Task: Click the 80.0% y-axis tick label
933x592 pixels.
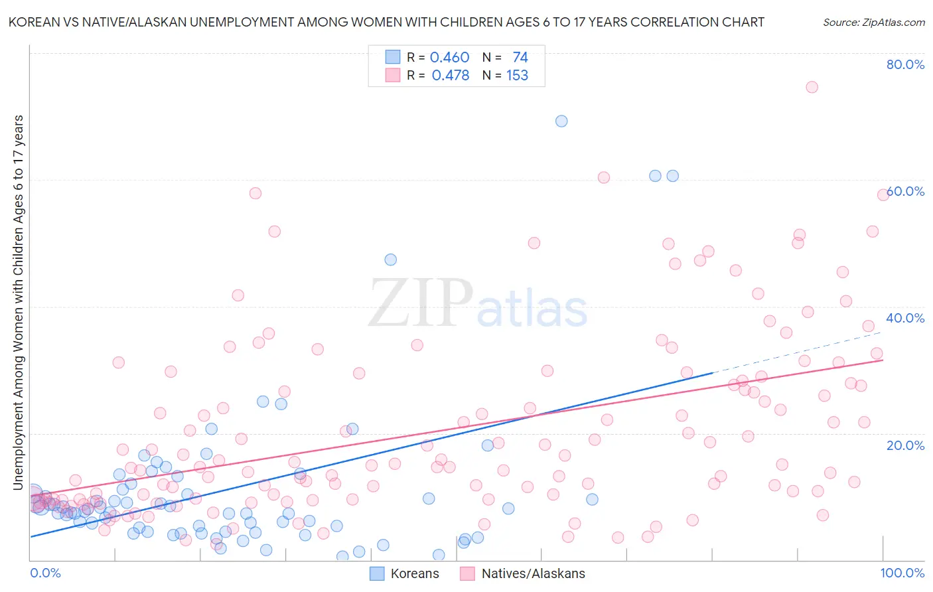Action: [x=905, y=64]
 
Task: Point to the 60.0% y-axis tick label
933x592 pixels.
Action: [x=905, y=191]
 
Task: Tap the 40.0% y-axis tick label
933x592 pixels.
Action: [x=905, y=318]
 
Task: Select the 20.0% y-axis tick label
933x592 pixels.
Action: [x=905, y=445]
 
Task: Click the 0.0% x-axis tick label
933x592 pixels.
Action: [x=45, y=573]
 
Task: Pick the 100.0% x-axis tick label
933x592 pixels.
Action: [x=902, y=573]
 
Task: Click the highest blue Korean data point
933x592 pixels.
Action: [x=561, y=121]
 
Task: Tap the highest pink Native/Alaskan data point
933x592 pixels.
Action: [x=812, y=87]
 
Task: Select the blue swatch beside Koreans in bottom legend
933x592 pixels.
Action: [x=377, y=573]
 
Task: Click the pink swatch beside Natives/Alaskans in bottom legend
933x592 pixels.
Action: [x=467, y=573]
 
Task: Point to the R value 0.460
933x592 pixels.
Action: [x=449, y=58]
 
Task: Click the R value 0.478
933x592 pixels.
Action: [x=450, y=76]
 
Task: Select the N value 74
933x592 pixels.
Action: [x=520, y=58]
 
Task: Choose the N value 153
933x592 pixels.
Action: [x=517, y=76]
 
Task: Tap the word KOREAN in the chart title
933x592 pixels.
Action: [x=31, y=22]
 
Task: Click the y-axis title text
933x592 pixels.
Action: [x=18, y=302]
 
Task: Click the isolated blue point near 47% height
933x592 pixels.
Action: [x=391, y=259]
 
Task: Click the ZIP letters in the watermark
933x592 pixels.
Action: [x=420, y=304]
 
